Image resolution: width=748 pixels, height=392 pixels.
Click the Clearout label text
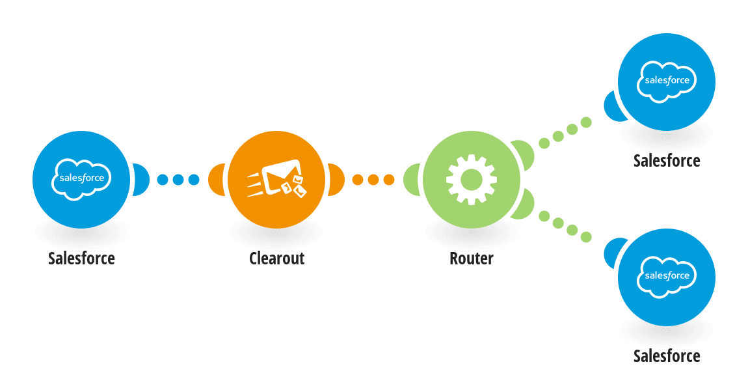pyautogui.click(x=276, y=259)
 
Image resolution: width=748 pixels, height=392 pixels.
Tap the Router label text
pyautogui.click(x=472, y=259)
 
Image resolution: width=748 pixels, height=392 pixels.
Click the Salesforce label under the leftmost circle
pyautogui.click(x=81, y=259)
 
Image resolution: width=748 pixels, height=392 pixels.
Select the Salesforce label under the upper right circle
pyautogui.click(x=667, y=161)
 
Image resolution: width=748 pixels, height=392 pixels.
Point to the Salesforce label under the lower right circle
pyautogui.click(x=667, y=356)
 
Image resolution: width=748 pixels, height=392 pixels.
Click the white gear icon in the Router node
pyautogui.click(x=472, y=180)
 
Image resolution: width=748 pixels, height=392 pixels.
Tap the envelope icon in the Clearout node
pyautogui.click(x=276, y=178)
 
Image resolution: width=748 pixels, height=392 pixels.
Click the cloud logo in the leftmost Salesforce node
pyautogui.click(x=81, y=179)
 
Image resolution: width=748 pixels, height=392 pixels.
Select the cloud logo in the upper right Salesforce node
pyautogui.click(x=667, y=81)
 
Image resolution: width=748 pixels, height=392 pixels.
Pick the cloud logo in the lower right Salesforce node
pyautogui.click(x=667, y=277)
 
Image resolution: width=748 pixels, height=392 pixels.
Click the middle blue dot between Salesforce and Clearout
pyautogui.click(x=178, y=180)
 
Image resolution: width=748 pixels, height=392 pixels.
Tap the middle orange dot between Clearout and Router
pyautogui.click(x=373, y=180)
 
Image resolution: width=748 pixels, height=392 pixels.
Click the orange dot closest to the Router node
pyautogui.click(x=389, y=180)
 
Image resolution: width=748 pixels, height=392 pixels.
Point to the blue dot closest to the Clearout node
pyautogui.click(x=194, y=180)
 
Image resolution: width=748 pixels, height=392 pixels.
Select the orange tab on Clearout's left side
pyautogui.click(x=217, y=180)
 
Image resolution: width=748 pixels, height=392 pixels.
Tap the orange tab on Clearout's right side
pyautogui.click(x=336, y=180)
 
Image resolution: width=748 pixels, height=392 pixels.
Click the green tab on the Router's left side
pyautogui.click(x=412, y=180)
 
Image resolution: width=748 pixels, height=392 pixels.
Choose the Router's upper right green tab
pyautogui.click(x=524, y=154)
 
